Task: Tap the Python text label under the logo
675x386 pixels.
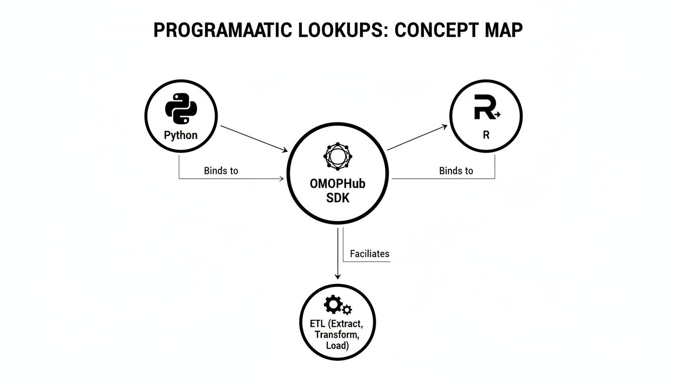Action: coord(181,135)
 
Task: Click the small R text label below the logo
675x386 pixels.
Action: coord(486,136)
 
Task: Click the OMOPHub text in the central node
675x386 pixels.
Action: coord(338,184)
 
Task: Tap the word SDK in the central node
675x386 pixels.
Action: coord(338,198)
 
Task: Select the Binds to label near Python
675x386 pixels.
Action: coord(221,171)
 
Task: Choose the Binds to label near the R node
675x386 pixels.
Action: coord(456,171)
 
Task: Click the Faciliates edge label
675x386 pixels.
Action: coord(370,254)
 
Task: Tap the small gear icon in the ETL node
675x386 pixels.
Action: coord(347,310)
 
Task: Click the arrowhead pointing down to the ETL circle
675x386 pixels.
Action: coord(338,275)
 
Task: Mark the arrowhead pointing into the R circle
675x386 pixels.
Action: coord(444,127)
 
